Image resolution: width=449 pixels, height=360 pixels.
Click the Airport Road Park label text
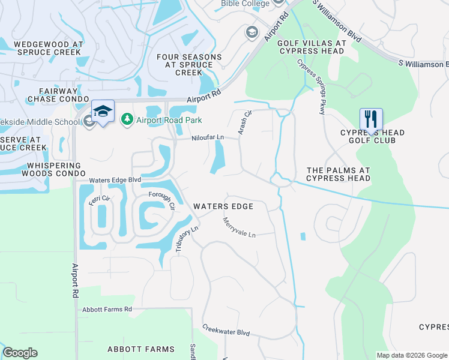pos(169,120)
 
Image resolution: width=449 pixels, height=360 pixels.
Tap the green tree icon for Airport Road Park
pos(127,120)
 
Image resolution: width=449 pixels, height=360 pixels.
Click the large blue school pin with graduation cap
pos(103,111)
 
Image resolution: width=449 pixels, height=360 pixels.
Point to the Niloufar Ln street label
pos(207,137)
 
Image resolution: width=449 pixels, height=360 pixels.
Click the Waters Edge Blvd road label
pos(115,180)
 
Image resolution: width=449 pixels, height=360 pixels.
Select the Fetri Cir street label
pos(100,198)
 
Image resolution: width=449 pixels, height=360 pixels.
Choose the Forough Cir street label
pos(161,199)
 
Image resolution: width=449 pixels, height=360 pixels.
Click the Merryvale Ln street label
pos(239,228)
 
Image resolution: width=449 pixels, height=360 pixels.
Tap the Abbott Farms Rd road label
pos(105,309)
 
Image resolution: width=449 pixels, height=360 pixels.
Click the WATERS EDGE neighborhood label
pos(223,206)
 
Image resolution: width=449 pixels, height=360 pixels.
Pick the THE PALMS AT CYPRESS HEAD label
pos(338,174)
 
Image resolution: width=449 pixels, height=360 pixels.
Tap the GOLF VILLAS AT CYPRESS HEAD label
pos(311,47)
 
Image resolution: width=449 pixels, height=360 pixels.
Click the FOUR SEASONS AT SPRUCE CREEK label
pos(189,65)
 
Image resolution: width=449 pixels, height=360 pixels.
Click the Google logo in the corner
pos(20,353)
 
